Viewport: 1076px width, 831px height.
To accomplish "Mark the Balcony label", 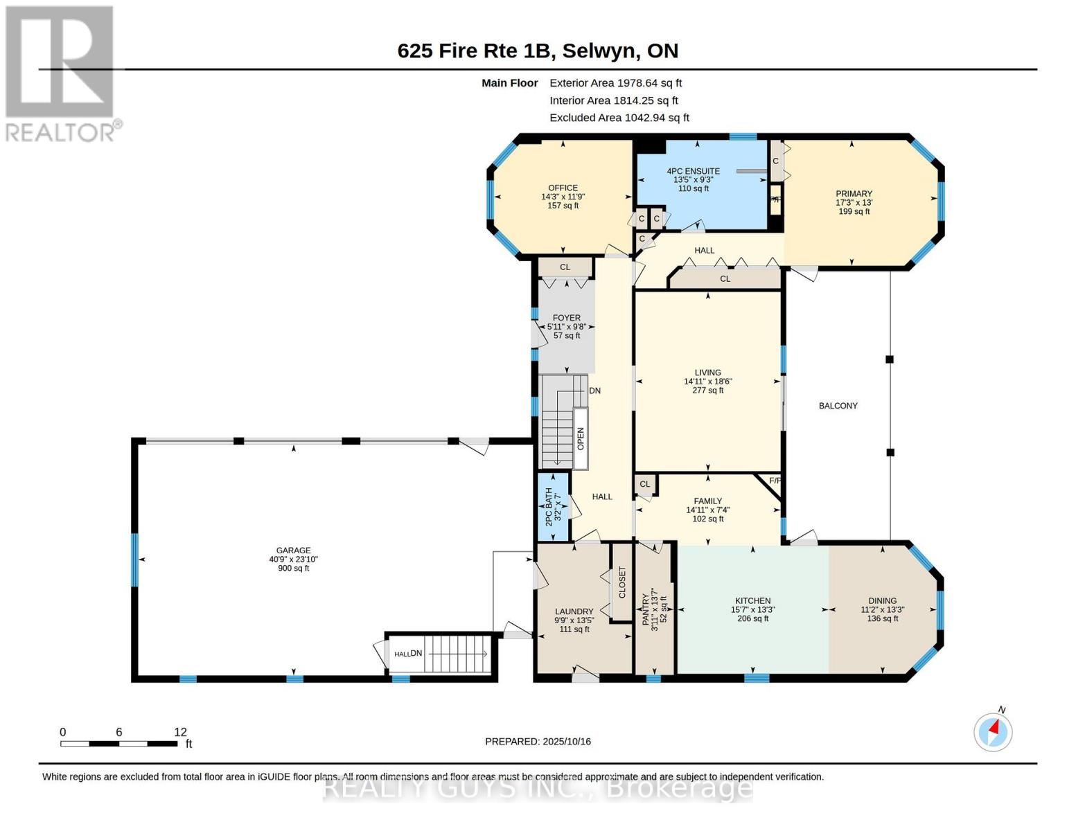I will click(838, 406).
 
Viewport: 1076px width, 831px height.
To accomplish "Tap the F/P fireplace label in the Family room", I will click(775, 481).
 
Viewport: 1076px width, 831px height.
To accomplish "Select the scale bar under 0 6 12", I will click(118, 744).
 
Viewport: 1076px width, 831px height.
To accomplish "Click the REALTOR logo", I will click(61, 73).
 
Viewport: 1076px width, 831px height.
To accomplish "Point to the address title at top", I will click(538, 51).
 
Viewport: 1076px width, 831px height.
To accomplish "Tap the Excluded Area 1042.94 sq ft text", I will click(619, 118).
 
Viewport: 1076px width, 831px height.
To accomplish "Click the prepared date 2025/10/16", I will click(538, 742).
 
